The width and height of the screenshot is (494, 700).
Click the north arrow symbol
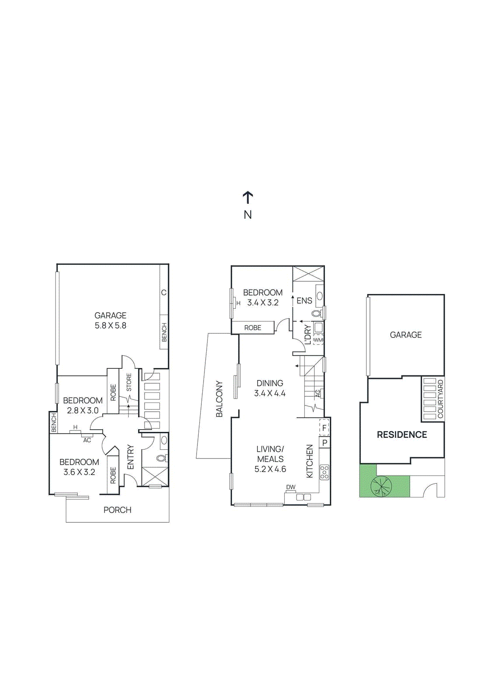[x=248, y=198]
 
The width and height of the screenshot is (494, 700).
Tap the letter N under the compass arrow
[x=248, y=215]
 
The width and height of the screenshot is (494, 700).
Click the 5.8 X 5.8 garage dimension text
[x=111, y=325]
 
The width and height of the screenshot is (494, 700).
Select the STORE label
[x=129, y=382]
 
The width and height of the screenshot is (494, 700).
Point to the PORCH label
[x=117, y=510]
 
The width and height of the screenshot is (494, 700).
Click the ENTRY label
[x=131, y=457]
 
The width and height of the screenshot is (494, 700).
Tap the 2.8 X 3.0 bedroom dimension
[x=83, y=410]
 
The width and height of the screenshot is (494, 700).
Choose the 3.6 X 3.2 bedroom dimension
[x=79, y=472]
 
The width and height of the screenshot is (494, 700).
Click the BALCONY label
[x=219, y=399]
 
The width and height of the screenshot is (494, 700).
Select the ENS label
[x=304, y=301]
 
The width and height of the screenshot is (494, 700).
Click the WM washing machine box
[x=318, y=340]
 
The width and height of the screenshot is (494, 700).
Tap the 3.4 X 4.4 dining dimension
[x=270, y=393]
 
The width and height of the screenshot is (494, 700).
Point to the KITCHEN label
[x=310, y=461]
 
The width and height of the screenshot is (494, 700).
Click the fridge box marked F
[x=324, y=428]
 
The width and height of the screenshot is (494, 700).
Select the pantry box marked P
[x=325, y=443]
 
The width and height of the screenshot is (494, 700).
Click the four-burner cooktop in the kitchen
[x=325, y=472]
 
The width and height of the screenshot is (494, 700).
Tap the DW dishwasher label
[x=290, y=487]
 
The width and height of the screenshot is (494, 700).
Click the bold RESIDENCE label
[x=402, y=434]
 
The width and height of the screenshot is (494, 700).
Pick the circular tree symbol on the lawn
[x=382, y=486]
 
